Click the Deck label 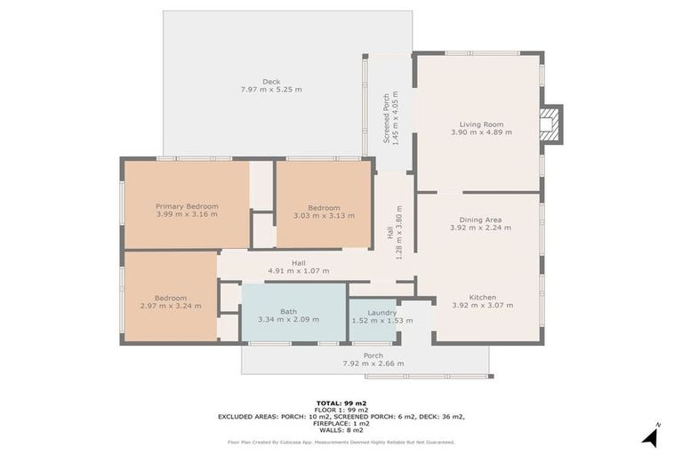click(271, 82)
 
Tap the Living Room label click(481, 124)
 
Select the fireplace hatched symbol click(549, 124)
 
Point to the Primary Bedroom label click(187, 206)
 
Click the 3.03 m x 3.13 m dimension click(324, 216)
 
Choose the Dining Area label click(480, 220)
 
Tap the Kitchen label click(483, 298)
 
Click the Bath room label click(288, 311)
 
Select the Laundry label click(382, 313)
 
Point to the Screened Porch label click(386, 118)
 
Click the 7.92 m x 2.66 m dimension click(374, 363)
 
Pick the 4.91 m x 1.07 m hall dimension click(299, 271)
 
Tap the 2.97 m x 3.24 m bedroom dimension click(171, 306)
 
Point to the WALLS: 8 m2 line click(341, 430)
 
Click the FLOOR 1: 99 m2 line click(341, 410)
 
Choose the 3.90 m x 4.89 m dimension click(481, 132)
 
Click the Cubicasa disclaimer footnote click(341, 443)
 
